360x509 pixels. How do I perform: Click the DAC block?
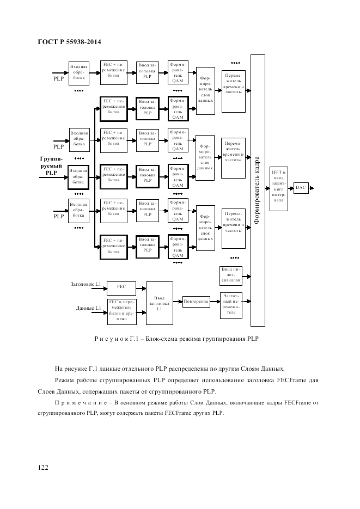[301, 188]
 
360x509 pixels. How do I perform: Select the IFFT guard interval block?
[279, 187]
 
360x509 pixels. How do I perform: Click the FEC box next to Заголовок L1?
[121, 286]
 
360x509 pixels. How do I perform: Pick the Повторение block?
[197, 301]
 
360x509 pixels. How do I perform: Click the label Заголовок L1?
[86, 284]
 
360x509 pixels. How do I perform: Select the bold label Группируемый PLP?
[51, 165]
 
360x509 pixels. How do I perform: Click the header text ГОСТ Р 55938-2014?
[70, 42]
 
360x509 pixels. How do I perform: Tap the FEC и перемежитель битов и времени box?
[121, 311]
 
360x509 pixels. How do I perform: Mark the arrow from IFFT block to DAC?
[291, 188]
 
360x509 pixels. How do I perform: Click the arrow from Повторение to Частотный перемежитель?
[213, 302]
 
